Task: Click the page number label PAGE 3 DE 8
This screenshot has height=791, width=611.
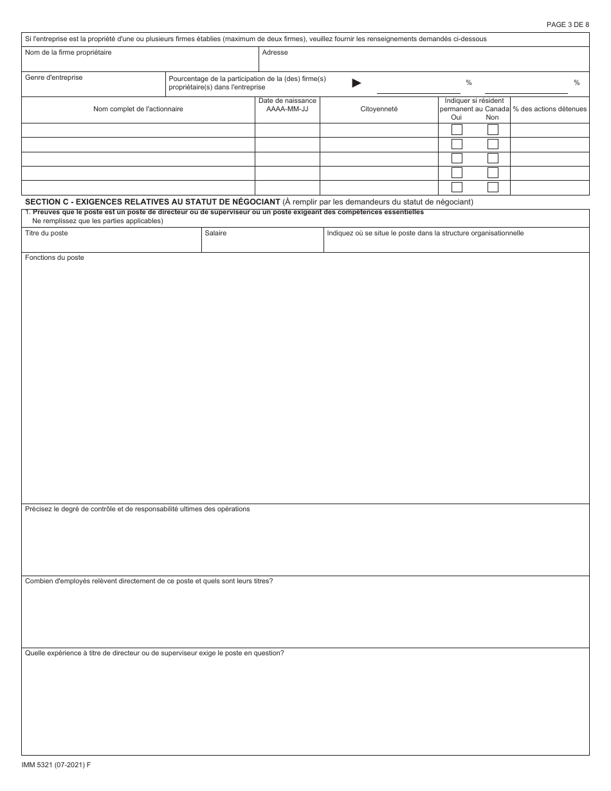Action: pyautogui.click(x=567, y=24)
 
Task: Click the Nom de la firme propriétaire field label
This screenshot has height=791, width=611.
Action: pyautogui.click(x=68, y=53)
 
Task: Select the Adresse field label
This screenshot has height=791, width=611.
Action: pyautogui.click(x=275, y=53)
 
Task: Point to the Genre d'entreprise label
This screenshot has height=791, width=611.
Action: pyautogui.click(x=53, y=78)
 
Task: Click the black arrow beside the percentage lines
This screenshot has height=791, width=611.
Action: pyautogui.click(x=356, y=83)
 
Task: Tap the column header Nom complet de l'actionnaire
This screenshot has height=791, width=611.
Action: pyautogui.click(x=138, y=109)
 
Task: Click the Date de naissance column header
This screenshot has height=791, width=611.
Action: pyautogui.click(x=287, y=105)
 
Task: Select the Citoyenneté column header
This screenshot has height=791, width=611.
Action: pyautogui.click(x=379, y=109)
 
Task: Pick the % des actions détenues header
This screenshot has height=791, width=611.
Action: pyautogui.click(x=549, y=109)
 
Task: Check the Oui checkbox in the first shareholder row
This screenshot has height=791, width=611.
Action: pyautogui.click(x=457, y=130)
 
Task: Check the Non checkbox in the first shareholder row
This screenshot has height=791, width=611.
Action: pyautogui.click(x=493, y=130)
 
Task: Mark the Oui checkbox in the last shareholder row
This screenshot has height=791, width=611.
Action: pyautogui.click(x=457, y=188)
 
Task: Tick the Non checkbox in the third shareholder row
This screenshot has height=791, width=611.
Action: pyautogui.click(x=493, y=159)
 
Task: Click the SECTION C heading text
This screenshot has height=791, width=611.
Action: pyautogui.click(x=152, y=202)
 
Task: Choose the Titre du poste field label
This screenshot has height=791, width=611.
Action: pyautogui.click(x=46, y=233)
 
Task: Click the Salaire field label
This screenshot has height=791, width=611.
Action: pyautogui.click(x=215, y=233)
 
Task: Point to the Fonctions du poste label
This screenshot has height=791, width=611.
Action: pyautogui.click(x=55, y=258)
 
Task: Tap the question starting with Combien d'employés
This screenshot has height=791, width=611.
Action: pyautogui.click(x=149, y=581)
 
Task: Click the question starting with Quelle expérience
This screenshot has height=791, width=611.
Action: pyautogui.click(x=154, y=653)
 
